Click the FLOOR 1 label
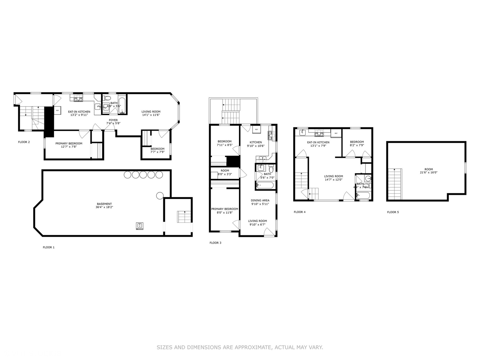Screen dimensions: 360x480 (x=48, y=247)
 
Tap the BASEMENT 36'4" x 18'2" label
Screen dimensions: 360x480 (x=104, y=205)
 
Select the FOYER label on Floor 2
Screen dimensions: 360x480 (x=113, y=120)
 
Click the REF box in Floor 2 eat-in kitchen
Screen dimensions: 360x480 (x=57, y=110)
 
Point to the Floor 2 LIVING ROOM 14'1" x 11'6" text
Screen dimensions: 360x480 (x=151, y=113)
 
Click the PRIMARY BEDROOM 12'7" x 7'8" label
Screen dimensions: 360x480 (x=69, y=145)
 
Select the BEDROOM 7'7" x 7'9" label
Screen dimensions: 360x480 (x=157, y=150)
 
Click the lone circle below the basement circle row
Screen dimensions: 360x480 (x=160, y=196)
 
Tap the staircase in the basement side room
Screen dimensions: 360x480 (x=183, y=217)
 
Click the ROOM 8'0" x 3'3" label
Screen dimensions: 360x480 (x=225, y=172)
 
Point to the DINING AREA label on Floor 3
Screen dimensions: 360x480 (x=260, y=202)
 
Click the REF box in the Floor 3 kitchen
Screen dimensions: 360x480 (x=256, y=129)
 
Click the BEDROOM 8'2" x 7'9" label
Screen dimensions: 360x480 (x=357, y=143)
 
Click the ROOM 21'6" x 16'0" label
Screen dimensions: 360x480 (x=429, y=171)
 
